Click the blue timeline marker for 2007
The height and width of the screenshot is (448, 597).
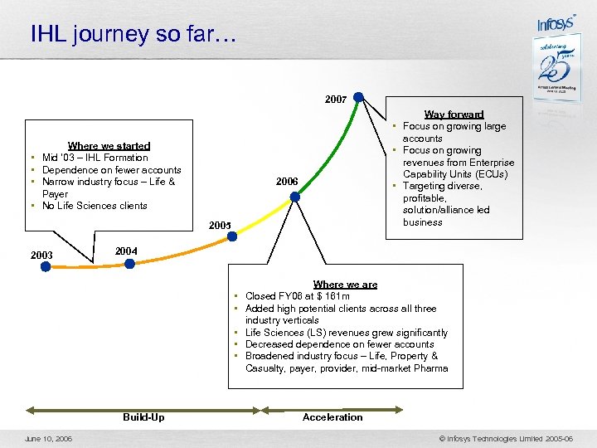[x=358, y=97]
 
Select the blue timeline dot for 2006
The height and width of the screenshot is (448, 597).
[x=294, y=197]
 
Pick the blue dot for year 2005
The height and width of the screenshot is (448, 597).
[x=232, y=236]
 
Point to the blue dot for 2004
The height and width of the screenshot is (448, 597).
[x=129, y=264]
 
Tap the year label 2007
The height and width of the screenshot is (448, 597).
[x=336, y=100]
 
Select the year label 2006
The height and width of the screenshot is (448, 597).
[x=287, y=182]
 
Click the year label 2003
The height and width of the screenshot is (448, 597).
[x=41, y=255]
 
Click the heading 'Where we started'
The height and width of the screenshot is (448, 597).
[x=109, y=146]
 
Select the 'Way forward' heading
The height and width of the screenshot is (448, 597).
[x=454, y=114]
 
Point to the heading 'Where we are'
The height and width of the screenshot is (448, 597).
[x=345, y=285]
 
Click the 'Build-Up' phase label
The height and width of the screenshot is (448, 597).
[x=143, y=417]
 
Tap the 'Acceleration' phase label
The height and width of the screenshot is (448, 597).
[x=332, y=417]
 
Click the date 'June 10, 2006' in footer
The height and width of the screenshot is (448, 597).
[x=48, y=438]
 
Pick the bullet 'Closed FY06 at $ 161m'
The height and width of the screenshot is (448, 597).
[x=298, y=296]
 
